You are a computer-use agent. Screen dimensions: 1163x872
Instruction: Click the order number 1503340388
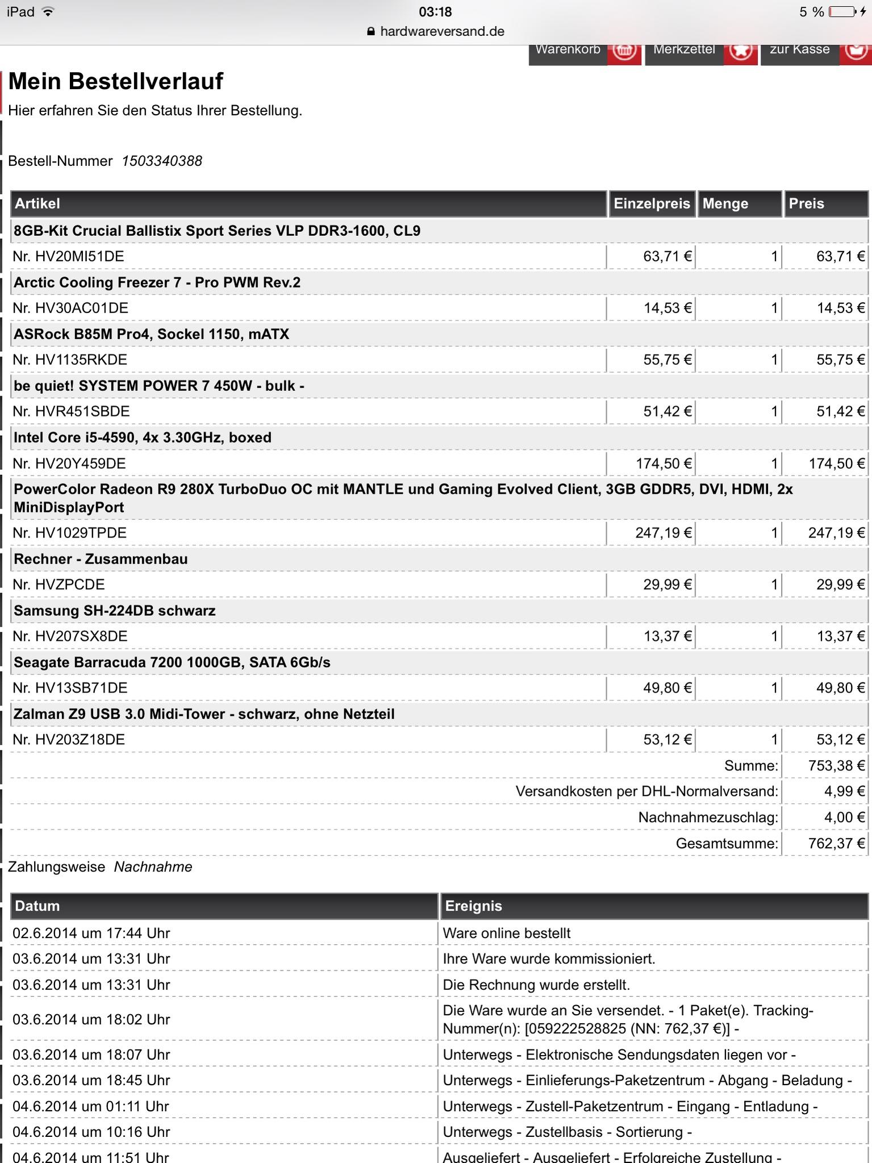point(162,161)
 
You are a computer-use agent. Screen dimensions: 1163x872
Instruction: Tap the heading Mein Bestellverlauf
point(116,81)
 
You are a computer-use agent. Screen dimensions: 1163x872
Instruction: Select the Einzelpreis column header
point(652,203)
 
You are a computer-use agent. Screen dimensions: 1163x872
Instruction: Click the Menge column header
point(725,203)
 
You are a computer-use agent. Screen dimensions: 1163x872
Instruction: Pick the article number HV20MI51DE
point(68,256)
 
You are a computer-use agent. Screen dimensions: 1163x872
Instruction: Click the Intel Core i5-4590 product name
point(143,437)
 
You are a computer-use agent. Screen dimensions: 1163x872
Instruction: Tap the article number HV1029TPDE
point(69,533)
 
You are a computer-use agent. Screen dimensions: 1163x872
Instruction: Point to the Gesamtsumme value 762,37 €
point(836,843)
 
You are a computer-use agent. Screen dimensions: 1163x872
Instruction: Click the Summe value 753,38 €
point(836,765)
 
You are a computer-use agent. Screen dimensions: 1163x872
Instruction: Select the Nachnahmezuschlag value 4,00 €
point(844,817)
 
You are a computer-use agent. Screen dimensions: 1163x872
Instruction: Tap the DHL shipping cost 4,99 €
point(844,791)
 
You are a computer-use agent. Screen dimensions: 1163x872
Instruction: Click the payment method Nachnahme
point(153,867)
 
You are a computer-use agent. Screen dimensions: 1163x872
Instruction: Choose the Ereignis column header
point(473,906)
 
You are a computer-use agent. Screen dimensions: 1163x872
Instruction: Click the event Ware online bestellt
point(506,933)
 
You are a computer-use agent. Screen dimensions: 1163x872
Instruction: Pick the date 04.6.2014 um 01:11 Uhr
point(91,1106)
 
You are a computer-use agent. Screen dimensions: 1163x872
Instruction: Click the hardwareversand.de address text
point(442,31)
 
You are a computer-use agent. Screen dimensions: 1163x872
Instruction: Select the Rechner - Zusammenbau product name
point(101,559)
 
